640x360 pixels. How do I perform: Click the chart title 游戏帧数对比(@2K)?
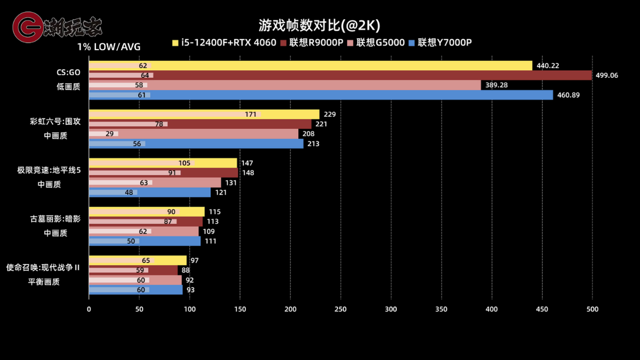(x=319, y=26)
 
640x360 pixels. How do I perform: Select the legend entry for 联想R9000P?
(x=316, y=43)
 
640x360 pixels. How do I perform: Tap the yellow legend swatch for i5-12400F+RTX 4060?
(x=175, y=43)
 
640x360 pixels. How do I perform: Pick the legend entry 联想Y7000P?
(x=445, y=43)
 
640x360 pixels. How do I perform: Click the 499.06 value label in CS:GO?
(x=606, y=75)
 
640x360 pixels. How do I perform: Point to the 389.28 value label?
(x=496, y=85)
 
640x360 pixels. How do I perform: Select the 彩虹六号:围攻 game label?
(x=55, y=121)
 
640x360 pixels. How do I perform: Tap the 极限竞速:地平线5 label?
(x=49, y=170)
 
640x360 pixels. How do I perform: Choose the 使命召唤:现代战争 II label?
(x=43, y=267)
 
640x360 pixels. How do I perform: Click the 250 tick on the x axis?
(x=341, y=309)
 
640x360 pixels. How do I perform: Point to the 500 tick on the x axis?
(x=593, y=309)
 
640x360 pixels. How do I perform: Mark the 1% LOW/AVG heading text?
(x=109, y=47)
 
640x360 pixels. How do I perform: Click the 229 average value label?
(x=330, y=114)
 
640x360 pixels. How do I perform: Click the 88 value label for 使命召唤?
(x=186, y=270)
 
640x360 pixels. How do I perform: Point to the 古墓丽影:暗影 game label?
(x=55, y=219)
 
